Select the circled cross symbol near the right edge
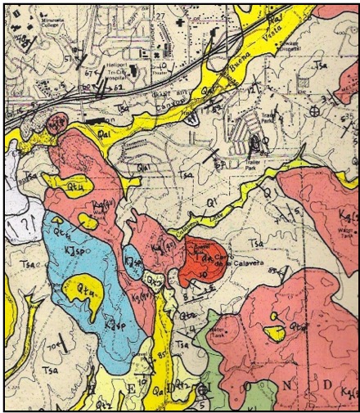pyautogui.click(x=316, y=111)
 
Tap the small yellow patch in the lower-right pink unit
pyautogui.click(x=277, y=331)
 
